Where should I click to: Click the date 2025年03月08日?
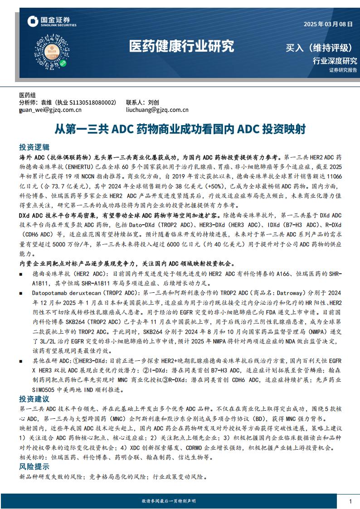(x=328, y=24)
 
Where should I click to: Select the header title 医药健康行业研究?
(x=181, y=46)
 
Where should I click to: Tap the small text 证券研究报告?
(x=343, y=70)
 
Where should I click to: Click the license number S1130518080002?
(x=94, y=102)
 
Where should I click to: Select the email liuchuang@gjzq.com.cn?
(x=157, y=110)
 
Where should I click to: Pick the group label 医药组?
(x=27, y=95)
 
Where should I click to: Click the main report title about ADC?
(x=180, y=129)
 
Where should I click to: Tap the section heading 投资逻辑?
(x=34, y=147)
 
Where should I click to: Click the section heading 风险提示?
(x=34, y=466)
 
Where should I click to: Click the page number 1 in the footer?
(x=350, y=501)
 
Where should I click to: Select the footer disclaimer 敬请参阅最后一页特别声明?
(x=169, y=501)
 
